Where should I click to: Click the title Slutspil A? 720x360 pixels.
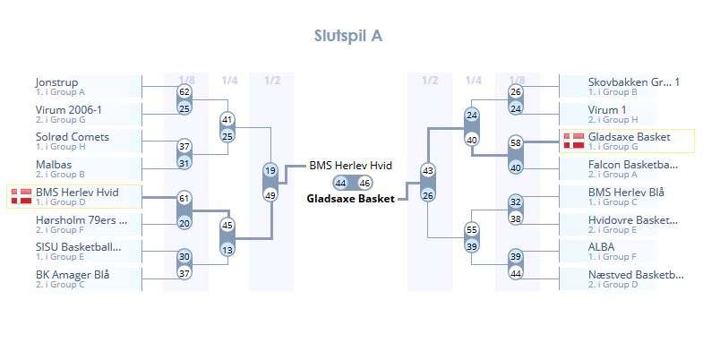tap(349, 36)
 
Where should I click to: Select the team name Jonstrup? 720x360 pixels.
tap(56, 82)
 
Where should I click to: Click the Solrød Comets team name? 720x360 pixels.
tap(73, 137)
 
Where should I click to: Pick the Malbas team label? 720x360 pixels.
tap(54, 164)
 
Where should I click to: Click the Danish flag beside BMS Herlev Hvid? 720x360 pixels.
tap(21, 197)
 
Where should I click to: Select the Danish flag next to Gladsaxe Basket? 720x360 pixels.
tap(573, 141)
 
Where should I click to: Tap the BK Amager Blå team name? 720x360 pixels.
tap(73, 274)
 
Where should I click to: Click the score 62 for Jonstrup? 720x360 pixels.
tap(184, 92)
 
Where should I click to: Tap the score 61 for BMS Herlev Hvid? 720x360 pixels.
tap(184, 198)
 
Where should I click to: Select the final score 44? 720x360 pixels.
tap(340, 183)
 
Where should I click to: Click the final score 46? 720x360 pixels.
tap(364, 183)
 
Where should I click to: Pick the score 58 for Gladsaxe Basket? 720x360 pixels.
tap(515, 142)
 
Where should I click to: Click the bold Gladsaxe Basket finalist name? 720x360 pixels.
tap(350, 198)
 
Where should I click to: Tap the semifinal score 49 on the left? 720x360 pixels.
tap(270, 194)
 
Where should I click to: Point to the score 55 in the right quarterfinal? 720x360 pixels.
tap(472, 229)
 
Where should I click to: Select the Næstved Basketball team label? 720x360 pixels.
tap(636, 274)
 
